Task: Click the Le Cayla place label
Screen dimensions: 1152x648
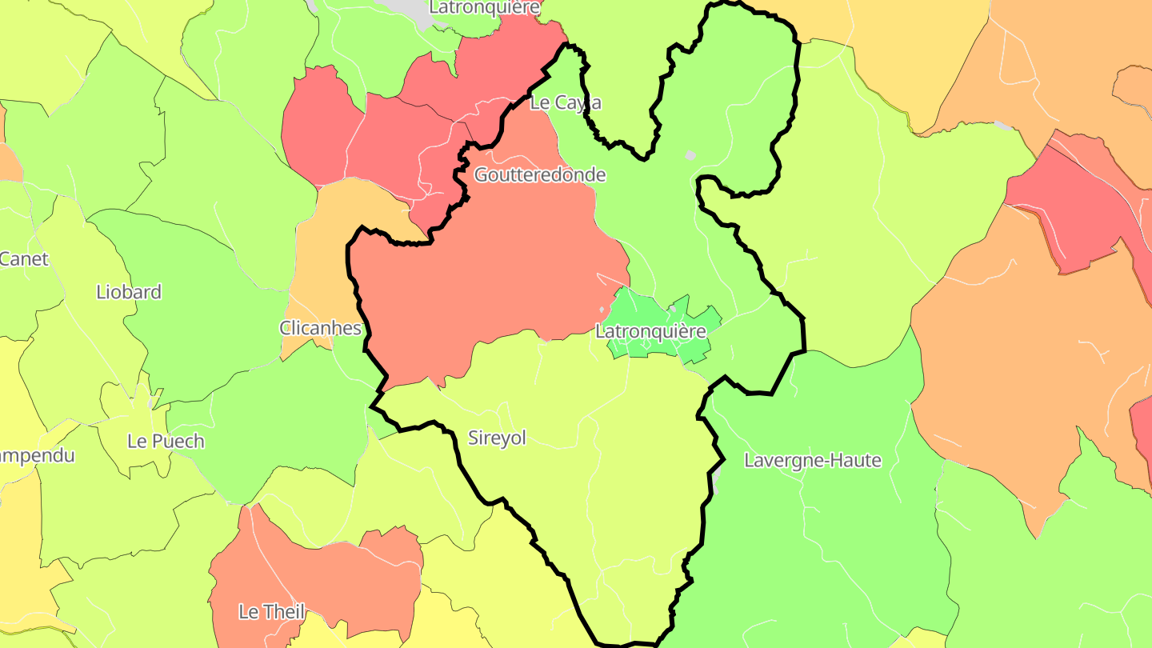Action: pos(566,103)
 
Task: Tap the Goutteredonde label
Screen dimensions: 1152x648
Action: pos(540,175)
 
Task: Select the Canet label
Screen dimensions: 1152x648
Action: pos(24,259)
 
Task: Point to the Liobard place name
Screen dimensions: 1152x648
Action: pos(129,292)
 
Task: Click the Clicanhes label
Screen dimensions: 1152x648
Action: pos(320,328)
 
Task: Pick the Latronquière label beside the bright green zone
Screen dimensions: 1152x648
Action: pos(650,331)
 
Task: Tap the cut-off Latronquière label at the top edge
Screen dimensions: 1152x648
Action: pos(485,7)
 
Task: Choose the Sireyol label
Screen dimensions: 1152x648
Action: pos(497,438)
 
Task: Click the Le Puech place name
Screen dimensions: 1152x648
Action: pos(166,442)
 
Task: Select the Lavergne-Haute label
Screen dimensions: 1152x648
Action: pos(812,461)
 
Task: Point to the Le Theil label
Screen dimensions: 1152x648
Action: pos(272,612)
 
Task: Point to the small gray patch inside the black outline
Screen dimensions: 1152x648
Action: pos(690,155)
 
